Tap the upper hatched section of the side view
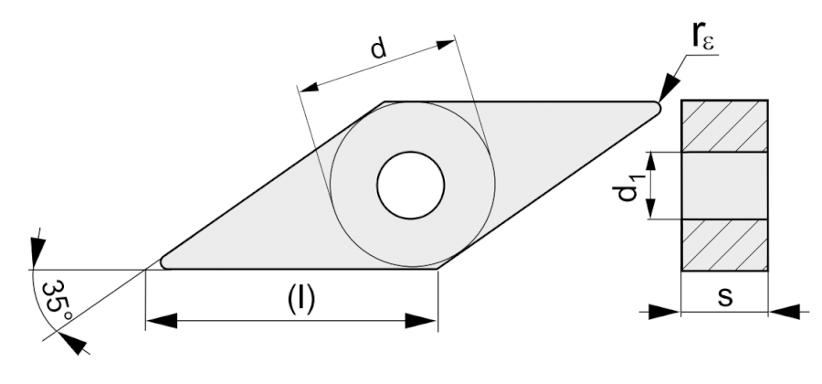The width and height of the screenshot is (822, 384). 725,126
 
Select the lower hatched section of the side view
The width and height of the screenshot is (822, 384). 725,245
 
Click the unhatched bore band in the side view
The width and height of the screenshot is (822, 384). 725,186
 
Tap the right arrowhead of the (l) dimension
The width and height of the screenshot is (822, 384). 426,320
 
